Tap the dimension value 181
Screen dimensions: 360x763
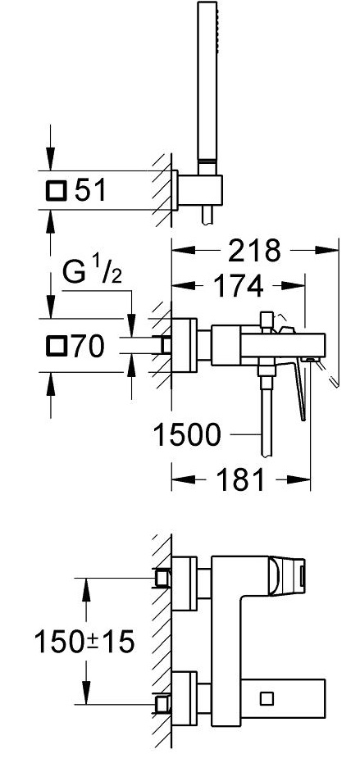click(x=240, y=479)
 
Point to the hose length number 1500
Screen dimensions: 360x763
click(x=187, y=434)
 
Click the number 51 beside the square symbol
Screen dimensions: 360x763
click(x=90, y=190)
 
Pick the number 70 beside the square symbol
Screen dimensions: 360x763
click(x=89, y=347)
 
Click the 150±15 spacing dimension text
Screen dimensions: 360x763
click(x=84, y=643)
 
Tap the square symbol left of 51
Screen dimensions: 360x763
click(x=56, y=190)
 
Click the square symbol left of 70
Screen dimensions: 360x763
click(x=57, y=347)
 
